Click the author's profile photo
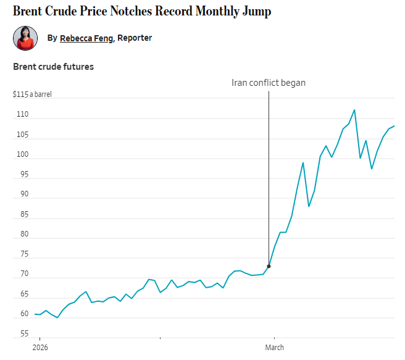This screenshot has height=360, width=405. [25, 38]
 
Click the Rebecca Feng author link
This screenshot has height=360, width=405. [86, 38]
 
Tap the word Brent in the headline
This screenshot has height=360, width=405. [28, 12]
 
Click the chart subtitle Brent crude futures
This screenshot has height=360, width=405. [53, 66]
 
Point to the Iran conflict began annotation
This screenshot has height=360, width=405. [268, 83]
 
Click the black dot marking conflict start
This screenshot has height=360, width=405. [269, 266]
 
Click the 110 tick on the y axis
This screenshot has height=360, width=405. [22, 115]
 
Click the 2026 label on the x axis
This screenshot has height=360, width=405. [40, 347]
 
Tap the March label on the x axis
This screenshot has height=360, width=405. [275, 347]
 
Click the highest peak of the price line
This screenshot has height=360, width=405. [354, 110]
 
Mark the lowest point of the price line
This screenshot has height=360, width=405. [57, 317]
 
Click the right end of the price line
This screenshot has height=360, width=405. [393, 126]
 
